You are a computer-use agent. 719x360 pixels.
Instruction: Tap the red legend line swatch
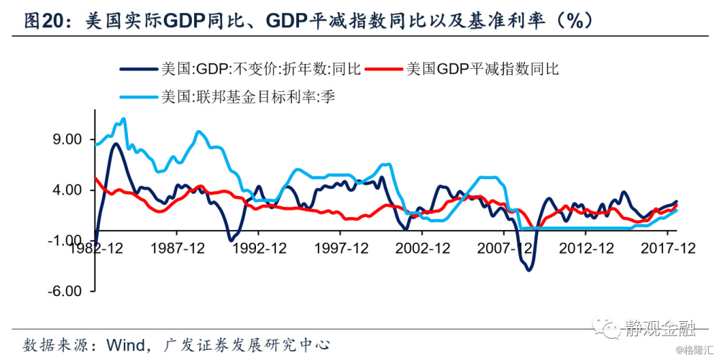pos(383,69)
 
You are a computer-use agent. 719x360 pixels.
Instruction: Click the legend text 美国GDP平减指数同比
pos(482,69)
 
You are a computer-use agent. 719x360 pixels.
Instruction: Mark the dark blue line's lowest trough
pos(529,269)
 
